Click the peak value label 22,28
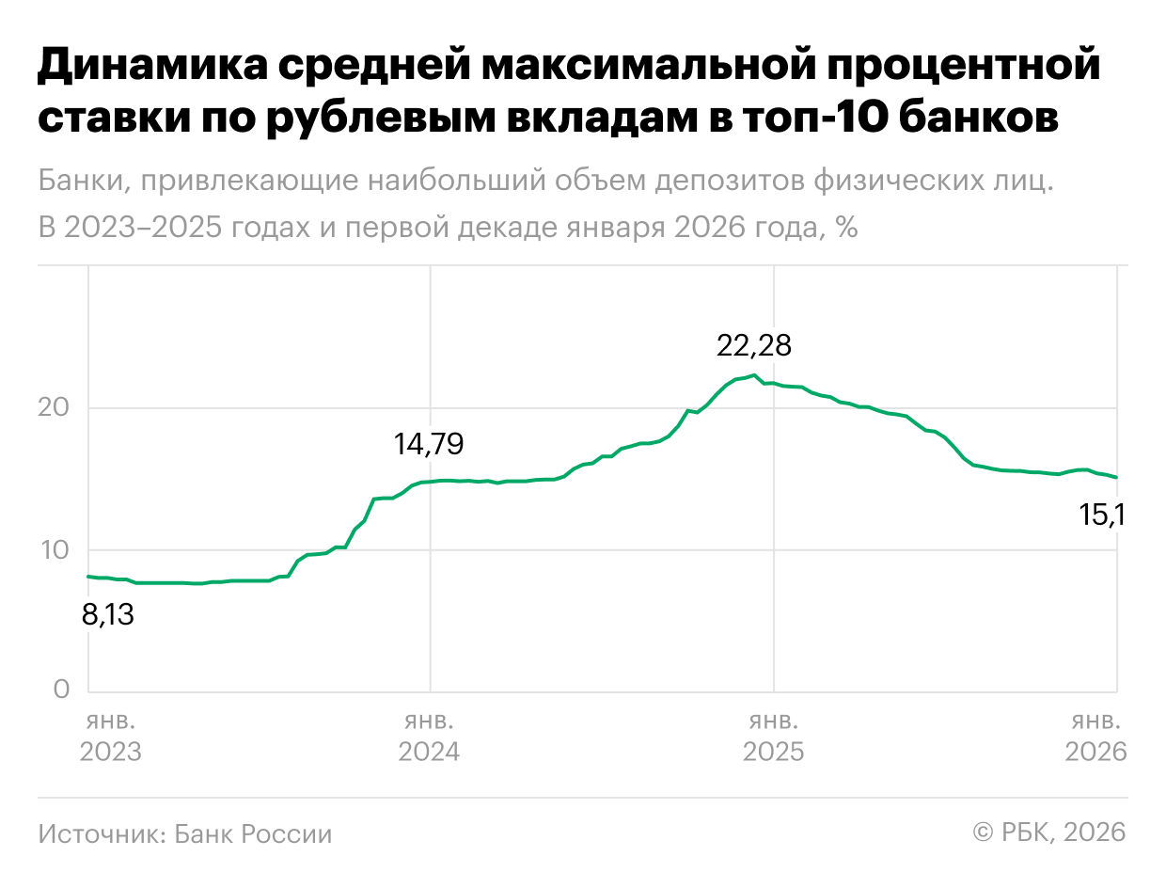754,345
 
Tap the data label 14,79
429,444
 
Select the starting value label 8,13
108,616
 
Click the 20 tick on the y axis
55,408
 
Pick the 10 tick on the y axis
55,549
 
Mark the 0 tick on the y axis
61,690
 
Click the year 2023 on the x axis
111,753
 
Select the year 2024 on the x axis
429,753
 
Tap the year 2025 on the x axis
773,753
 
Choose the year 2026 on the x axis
1095,753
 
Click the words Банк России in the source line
253,834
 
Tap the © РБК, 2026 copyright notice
1048,832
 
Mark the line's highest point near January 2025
754,375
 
